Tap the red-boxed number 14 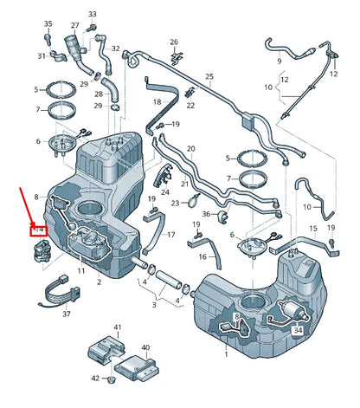[37, 230]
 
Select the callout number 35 [48, 23]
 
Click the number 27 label [75, 26]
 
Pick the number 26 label [174, 42]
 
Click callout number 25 [209, 77]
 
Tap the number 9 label [279, 62]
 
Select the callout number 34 [299, 329]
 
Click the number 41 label [119, 327]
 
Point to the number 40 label [145, 347]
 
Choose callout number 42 [94, 379]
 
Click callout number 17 [170, 235]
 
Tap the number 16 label [202, 256]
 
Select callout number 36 [205, 215]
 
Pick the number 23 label [174, 204]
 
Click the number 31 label [42, 56]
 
